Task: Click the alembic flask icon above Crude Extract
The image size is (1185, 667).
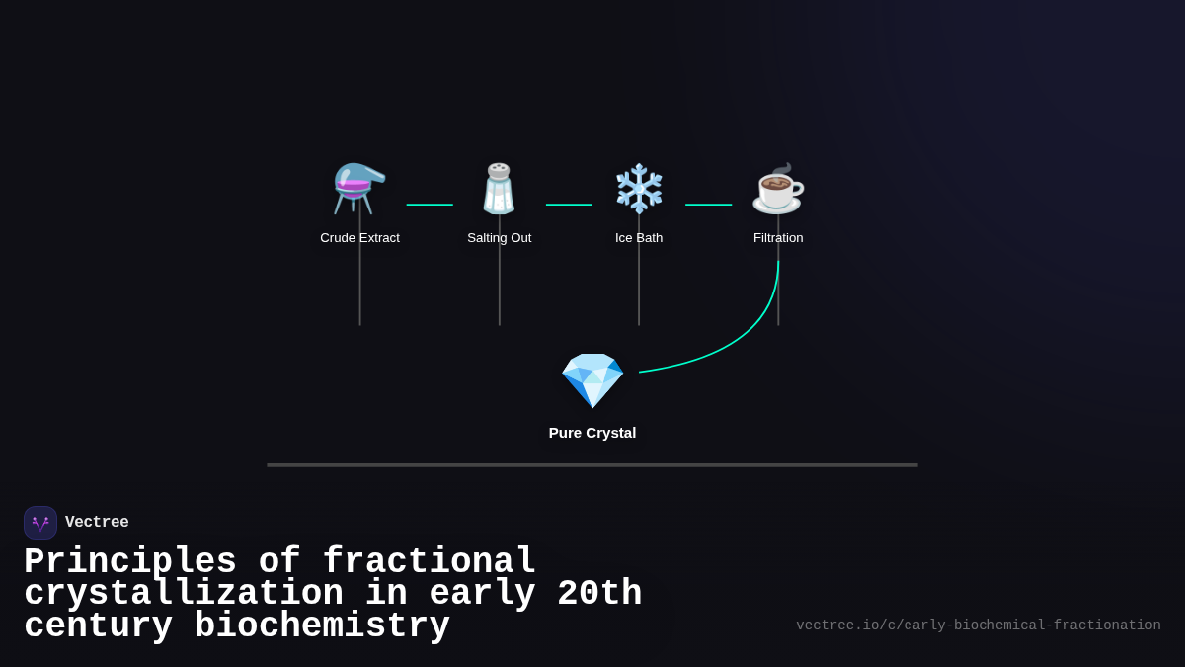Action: coord(359,189)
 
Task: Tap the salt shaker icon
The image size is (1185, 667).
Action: coord(499,189)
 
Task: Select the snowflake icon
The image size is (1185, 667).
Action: coord(639,189)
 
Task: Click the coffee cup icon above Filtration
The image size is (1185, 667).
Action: coord(778,189)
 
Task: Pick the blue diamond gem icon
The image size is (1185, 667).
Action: coord(592,380)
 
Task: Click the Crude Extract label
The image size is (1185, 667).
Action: coord(359,238)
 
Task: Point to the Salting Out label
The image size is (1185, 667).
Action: coord(499,238)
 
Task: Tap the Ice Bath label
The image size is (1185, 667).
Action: coord(639,238)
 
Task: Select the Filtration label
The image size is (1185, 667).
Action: coord(778,238)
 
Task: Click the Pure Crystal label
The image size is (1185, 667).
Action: coord(592,433)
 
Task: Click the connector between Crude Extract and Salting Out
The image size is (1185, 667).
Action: coord(430,205)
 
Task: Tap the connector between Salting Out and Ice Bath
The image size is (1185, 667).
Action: coord(569,205)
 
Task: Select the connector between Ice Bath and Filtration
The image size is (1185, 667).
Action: coord(708,205)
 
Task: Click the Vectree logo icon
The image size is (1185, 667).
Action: coord(40,523)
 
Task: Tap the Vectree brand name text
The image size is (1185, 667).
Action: coord(97,523)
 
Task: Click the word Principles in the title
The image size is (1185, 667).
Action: coord(130,562)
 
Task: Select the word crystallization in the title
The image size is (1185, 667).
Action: coord(184,594)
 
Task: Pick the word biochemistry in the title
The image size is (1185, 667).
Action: coord(322,626)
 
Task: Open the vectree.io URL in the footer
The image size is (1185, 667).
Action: coord(978,625)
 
